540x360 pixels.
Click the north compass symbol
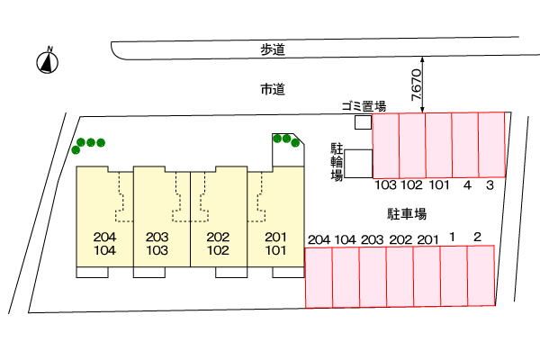coord(48,62)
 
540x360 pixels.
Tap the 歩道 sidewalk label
coord(273,50)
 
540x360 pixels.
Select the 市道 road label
coord(273,89)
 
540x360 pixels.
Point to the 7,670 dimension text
coord(417,85)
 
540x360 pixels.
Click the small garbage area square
coord(364,122)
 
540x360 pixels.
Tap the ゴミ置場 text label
coord(364,106)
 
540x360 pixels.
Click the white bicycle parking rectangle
coord(358,164)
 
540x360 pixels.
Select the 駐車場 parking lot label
coord(407,214)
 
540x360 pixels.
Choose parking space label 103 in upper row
coord(386,185)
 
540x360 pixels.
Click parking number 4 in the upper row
coord(467,185)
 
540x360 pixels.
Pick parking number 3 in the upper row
coord(490,185)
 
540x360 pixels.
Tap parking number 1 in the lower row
coord(452,237)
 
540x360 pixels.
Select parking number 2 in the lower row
coord(477,237)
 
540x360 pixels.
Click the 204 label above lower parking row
coord(319,239)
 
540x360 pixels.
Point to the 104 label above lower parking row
coord(346,239)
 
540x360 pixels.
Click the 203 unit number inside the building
coord(157,237)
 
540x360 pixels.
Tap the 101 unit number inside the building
coord(275,250)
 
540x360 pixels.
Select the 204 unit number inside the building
coord(104,237)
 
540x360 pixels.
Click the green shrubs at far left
coord(88,145)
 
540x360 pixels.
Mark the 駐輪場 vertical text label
coord(337,162)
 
